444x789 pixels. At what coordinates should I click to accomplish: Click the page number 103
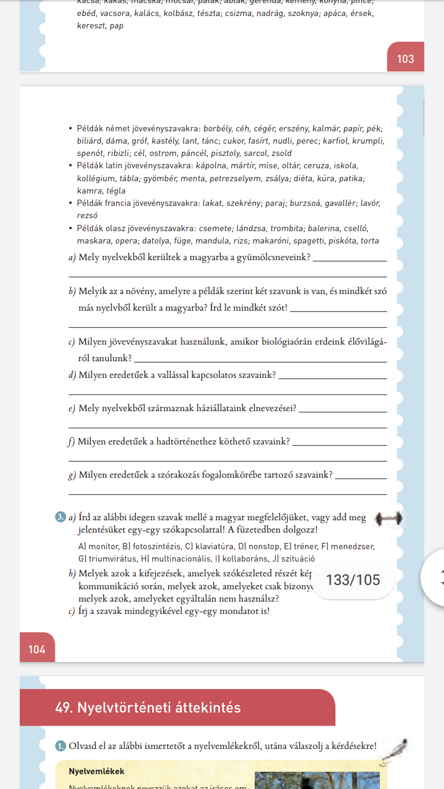pos(406,59)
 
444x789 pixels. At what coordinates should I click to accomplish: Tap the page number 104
pos(37,650)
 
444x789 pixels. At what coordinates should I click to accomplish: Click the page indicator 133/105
pos(353,580)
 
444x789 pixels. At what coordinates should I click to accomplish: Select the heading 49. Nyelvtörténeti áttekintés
pos(147,708)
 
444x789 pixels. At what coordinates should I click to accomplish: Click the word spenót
pos(90,153)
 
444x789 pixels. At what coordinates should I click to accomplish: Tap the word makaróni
pos(285,241)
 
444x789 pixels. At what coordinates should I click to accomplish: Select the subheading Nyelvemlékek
pos(97,772)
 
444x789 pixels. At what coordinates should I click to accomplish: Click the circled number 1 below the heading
pos(60,746)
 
